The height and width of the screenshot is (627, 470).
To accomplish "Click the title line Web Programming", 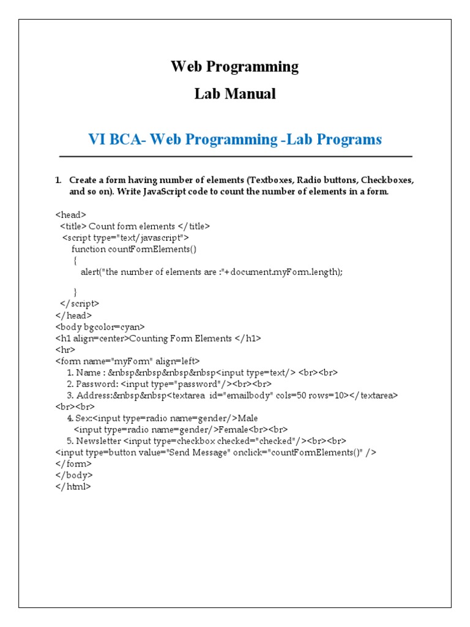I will tap(234, 67).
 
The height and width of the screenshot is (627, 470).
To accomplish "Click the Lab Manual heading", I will tap(234, 94).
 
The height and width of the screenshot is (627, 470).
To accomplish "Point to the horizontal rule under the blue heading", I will tap(235, 157).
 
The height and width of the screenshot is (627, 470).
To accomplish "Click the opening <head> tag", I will tap(70, 214).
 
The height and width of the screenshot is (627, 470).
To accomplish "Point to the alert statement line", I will tap(211, 272).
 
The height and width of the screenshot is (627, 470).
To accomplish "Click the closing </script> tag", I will tap(80, 303).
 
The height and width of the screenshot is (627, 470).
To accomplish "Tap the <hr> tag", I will tap(64, 350).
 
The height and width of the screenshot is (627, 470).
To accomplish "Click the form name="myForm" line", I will tap(127, 361).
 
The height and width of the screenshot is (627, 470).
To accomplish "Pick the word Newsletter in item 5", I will tap(98, 441).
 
